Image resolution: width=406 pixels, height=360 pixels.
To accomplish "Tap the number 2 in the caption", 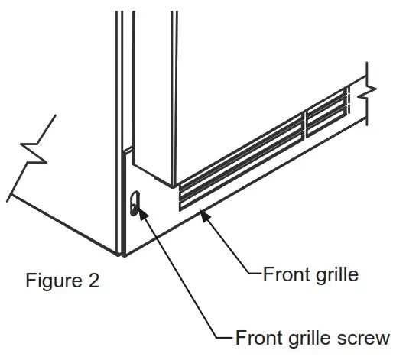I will click(x=93, y=281).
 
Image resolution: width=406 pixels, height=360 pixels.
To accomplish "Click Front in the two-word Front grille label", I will click(x=285, y=274).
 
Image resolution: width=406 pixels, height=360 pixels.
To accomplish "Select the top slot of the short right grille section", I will click(x=327, y=99).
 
